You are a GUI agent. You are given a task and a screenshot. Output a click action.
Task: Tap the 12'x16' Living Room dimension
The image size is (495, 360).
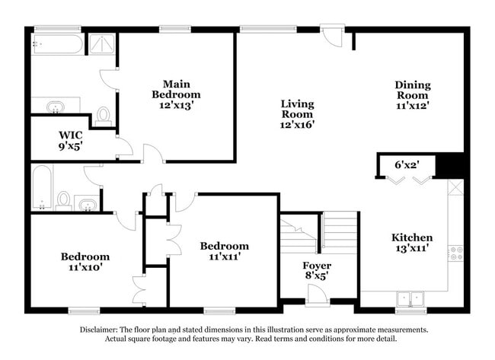click(x=297, y=125)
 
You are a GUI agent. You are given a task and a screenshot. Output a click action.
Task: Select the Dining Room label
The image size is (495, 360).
click(x=413, y=90)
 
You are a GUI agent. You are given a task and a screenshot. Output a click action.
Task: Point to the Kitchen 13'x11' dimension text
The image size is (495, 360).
click(x=412, y=248)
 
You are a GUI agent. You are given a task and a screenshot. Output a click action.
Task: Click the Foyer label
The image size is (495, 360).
click(x=317, y=266)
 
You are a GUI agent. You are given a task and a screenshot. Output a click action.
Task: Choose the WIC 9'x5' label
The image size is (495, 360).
click(x=71, y=140)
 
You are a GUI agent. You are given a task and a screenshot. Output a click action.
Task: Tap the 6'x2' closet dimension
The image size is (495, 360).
click(x=407, y=164)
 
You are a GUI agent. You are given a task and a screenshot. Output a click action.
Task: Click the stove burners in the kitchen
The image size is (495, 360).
click(x=456, y=253)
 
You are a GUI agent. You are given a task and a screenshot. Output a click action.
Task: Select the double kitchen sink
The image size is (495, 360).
click(x=410, y=299)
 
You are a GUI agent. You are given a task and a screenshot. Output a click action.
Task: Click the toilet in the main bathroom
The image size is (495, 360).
click(x=104, y=116)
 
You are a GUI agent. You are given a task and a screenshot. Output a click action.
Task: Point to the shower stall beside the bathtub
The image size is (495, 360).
click(x=102, y=44)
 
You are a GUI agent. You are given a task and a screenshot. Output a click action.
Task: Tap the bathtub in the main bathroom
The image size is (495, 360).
click(x=57, y=44)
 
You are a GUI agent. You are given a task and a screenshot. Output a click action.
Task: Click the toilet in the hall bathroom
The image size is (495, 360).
click(x=64, y=201)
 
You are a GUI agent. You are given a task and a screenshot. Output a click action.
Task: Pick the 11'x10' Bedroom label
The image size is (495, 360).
click(x=85, y=262)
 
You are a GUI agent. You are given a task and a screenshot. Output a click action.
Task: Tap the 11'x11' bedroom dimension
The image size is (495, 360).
click(x=225, y=256)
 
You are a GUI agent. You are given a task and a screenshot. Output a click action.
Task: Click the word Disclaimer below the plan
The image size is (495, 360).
click(x=98, y=330)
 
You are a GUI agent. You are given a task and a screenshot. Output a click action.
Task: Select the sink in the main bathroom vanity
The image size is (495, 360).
click(x=56, y=107)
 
